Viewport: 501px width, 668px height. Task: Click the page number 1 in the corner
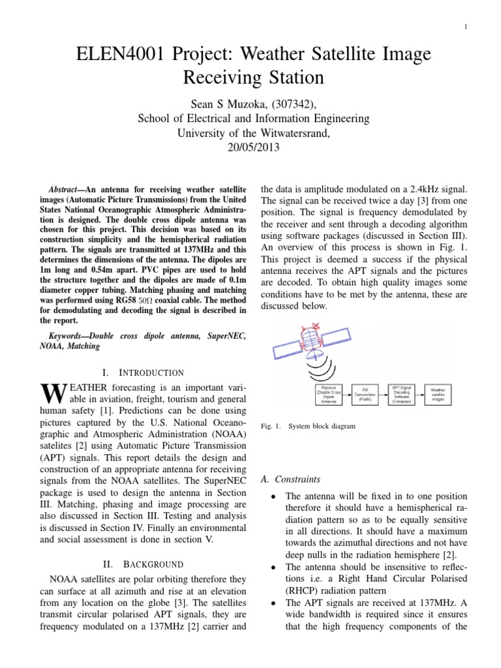click(466, 26)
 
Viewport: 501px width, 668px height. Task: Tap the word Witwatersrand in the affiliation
click(284, 133)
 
